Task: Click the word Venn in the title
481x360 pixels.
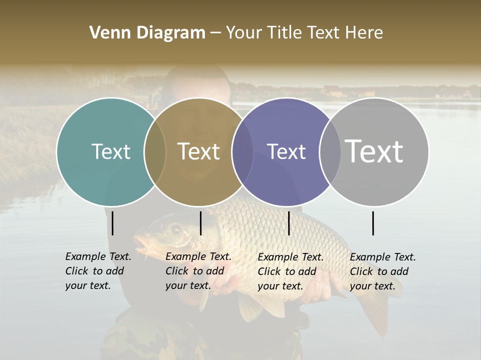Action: tap(106, 33)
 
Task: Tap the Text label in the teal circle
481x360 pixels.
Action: tap(111, 151)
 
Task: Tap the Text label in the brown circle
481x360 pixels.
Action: tap(199, 151)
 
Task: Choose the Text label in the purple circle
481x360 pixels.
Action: tap(287, 151)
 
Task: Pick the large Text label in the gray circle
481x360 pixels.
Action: tap(374, 151)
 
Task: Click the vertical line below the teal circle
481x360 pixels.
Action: tap(113, 223)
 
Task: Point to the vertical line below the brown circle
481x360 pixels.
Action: tap(201, 223)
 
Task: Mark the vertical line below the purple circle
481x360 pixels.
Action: tap(289, 223)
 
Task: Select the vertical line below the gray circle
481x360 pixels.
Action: tap(373, 223)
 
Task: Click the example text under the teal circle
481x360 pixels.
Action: tap(98, 271)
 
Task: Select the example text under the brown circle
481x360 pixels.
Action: tap(198, 271)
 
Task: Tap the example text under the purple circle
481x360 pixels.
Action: tap(291, 271)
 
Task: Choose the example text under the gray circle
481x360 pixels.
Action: tap(383, 271)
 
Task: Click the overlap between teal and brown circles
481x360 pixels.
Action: tap(155, 151)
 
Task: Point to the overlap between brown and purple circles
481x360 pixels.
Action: tap(243, 151)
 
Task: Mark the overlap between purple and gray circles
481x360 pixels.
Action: tap(330, 151)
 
